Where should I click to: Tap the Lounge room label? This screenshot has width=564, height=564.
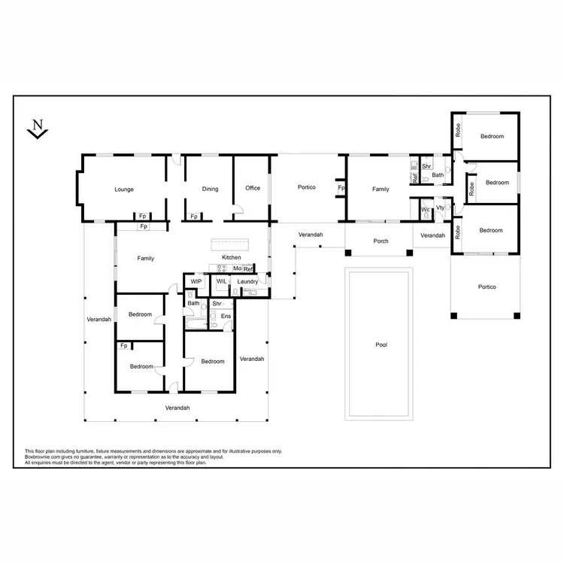point(124,189)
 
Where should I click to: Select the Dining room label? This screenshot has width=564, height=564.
point(210,189)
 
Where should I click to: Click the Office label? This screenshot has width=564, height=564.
point(253,188)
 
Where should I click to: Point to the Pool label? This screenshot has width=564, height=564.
point(381,345)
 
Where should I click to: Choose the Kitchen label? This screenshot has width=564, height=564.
point(231,258)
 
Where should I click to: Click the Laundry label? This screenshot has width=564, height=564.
point(248,282)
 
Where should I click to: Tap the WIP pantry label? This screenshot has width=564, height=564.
point(196,281)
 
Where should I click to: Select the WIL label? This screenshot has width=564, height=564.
point(221,281)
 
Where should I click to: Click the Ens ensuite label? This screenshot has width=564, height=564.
point(226,317)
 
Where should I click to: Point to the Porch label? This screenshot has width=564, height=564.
point(381,241)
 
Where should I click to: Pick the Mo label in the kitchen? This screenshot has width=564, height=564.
point(237,268)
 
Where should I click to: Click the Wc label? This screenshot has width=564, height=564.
point(425,209)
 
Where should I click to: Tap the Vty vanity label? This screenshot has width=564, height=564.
point(440,208)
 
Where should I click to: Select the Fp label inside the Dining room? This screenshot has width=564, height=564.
point(194,217)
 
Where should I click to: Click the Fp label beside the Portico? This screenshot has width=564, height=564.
point(341,188)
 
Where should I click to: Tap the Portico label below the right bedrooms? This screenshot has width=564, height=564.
point(487,287)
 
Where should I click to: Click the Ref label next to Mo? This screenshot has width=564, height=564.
point(248,268)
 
